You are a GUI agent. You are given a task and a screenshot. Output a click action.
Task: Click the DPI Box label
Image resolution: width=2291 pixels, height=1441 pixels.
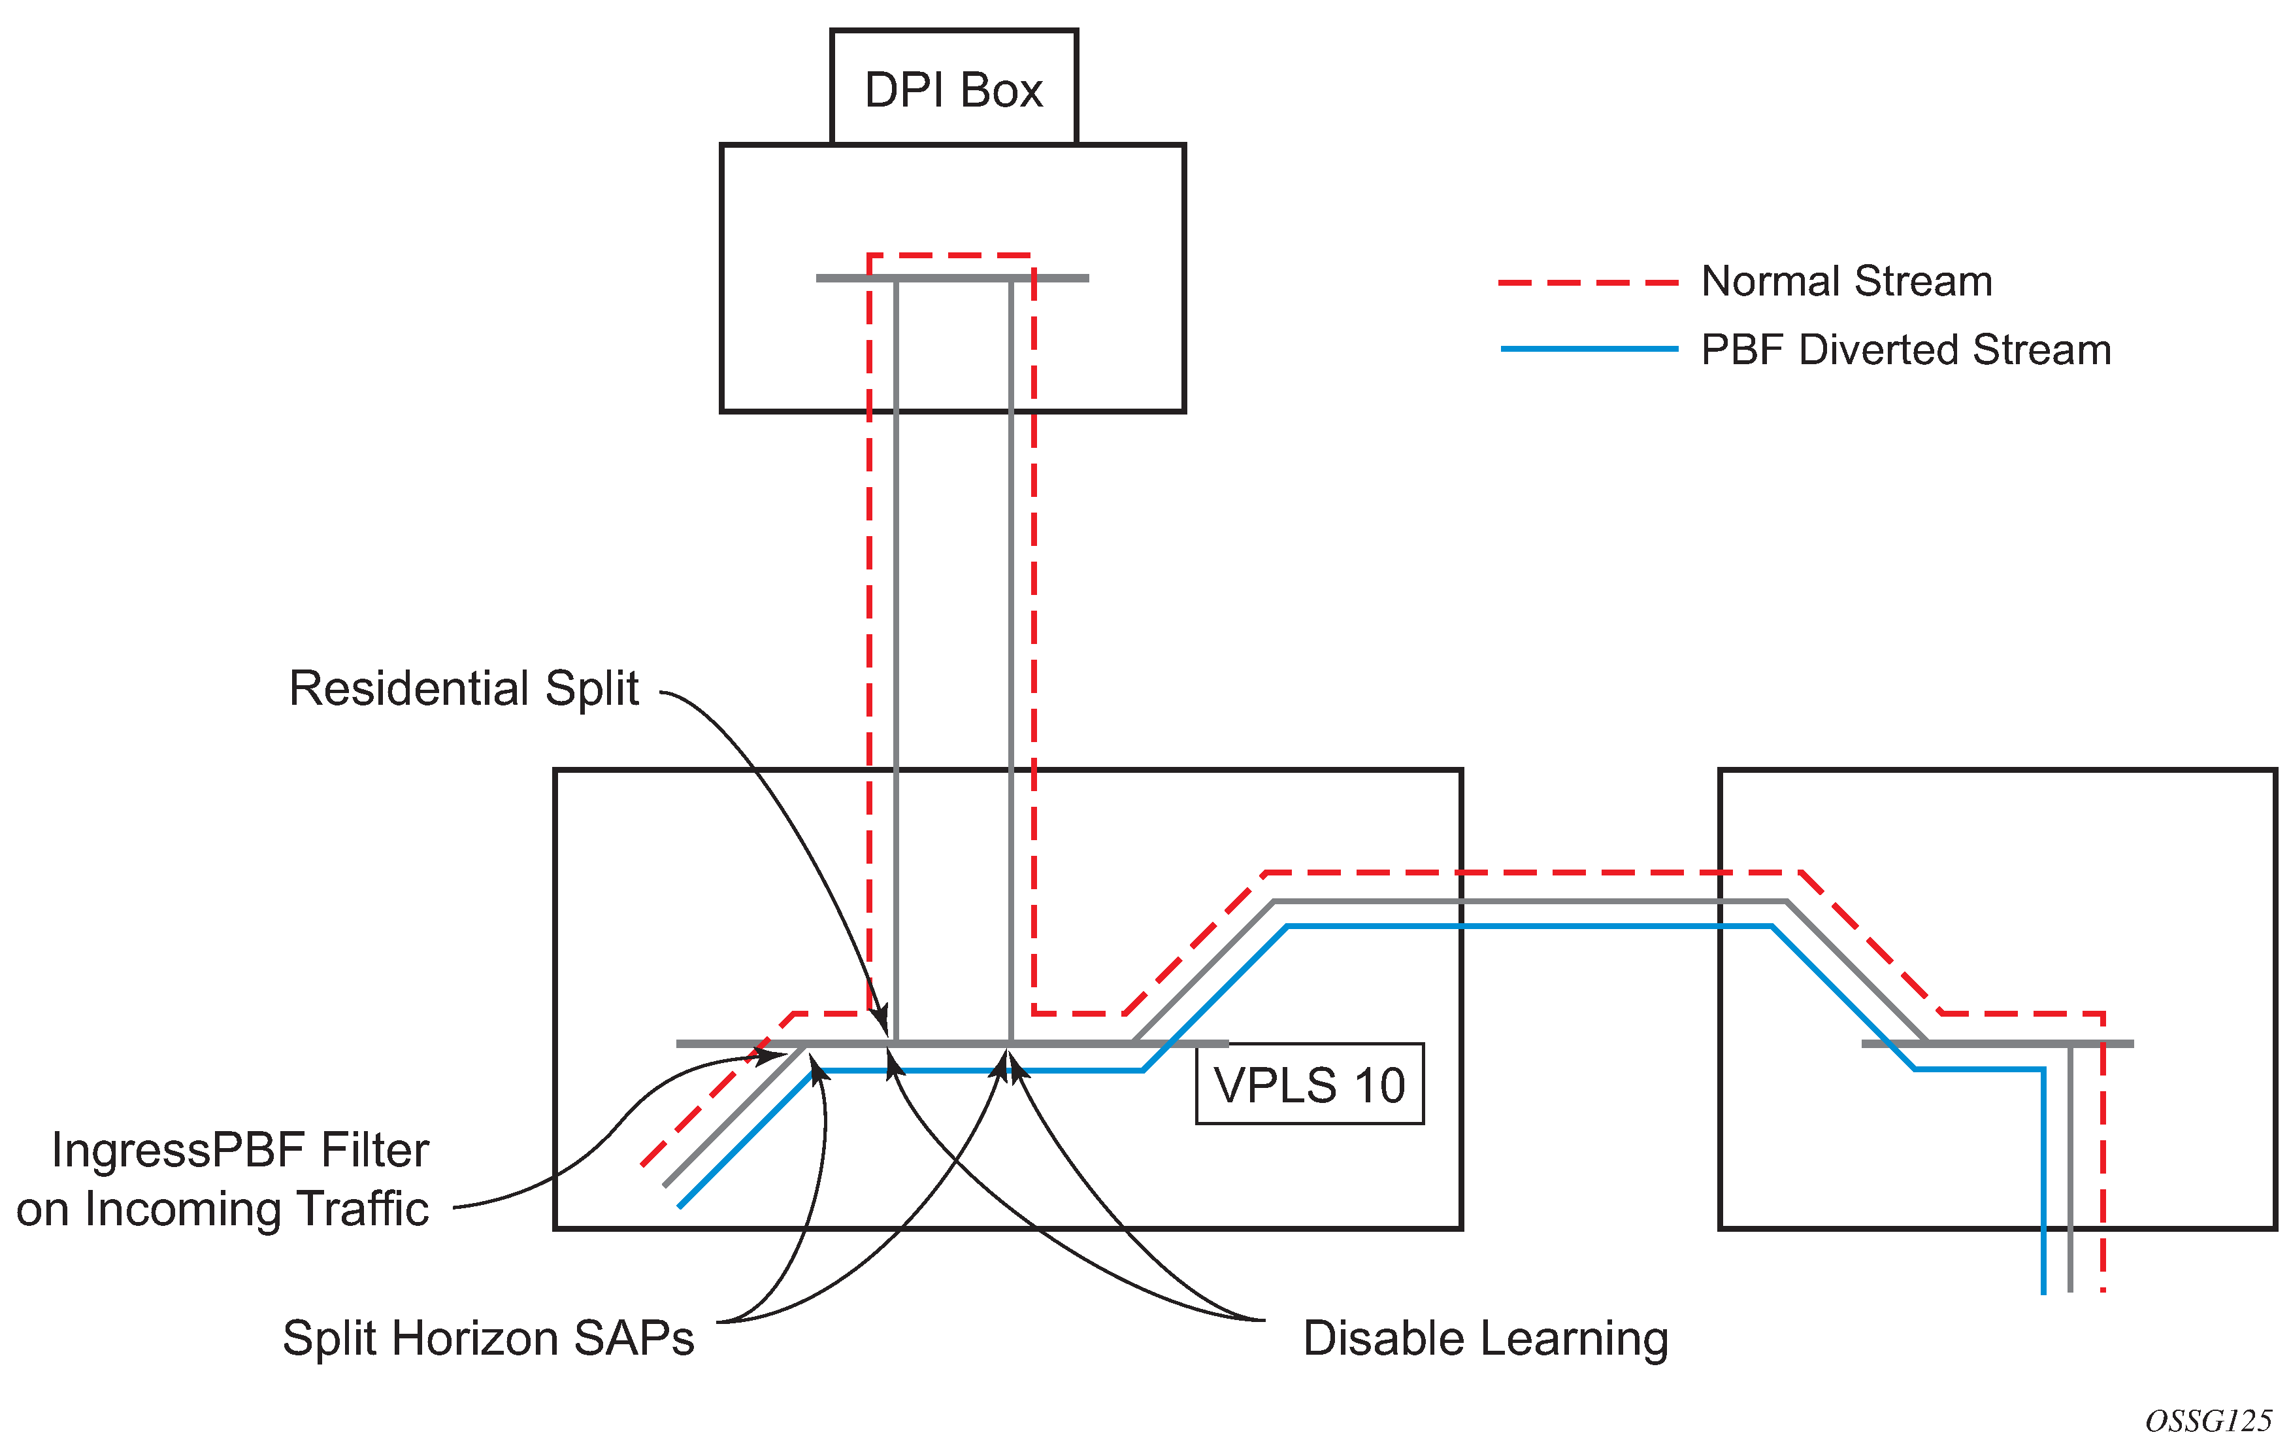pyautogui.click(x=953, y=90)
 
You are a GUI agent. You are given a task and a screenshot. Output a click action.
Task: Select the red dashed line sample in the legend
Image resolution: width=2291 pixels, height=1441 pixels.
pyautogui.click(x=1588, y=282)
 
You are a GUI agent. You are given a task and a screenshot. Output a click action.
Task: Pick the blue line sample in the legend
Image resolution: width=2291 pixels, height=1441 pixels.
pyautogui.click(x=1588, y=349)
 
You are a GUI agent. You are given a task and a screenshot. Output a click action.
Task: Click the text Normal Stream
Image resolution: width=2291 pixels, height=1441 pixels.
pyautogui.click(x=1846, y=282)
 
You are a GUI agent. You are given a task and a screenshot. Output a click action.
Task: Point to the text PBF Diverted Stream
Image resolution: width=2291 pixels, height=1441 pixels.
pyautogui.click(x=1905, y=350)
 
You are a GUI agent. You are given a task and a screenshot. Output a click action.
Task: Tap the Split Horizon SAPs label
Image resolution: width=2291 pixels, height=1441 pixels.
pyautogui.click(x=488, y=1338)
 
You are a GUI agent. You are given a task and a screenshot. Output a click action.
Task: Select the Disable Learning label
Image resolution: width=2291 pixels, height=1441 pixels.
pyautogui.click(x=1485, y=1338)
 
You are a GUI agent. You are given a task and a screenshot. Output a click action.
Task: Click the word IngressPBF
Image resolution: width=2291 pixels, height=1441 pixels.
pyautogui.click(x=181, y=1150)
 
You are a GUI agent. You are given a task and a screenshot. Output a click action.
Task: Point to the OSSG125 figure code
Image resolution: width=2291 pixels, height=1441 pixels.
pyautogui.click(x=2208, y=1421)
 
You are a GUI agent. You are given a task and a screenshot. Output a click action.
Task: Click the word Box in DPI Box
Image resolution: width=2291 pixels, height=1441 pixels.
pyautogui.click(x=1001, y=90)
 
